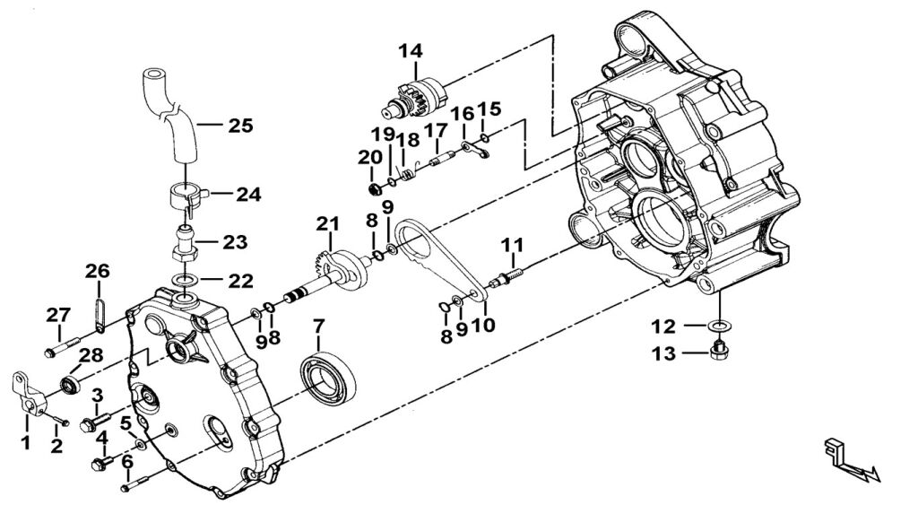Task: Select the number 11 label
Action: point(512,245)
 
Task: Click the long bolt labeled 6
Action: point(132,484)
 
